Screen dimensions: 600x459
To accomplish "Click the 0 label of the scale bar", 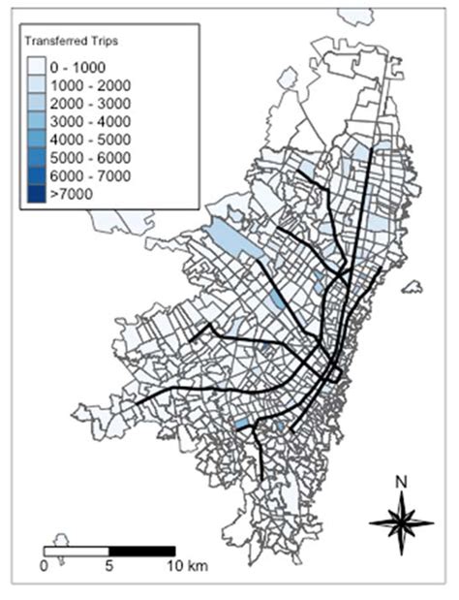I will coord(44,564).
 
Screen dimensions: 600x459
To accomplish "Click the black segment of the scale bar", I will coord(141,550).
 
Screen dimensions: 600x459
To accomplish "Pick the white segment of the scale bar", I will coord(76,550).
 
